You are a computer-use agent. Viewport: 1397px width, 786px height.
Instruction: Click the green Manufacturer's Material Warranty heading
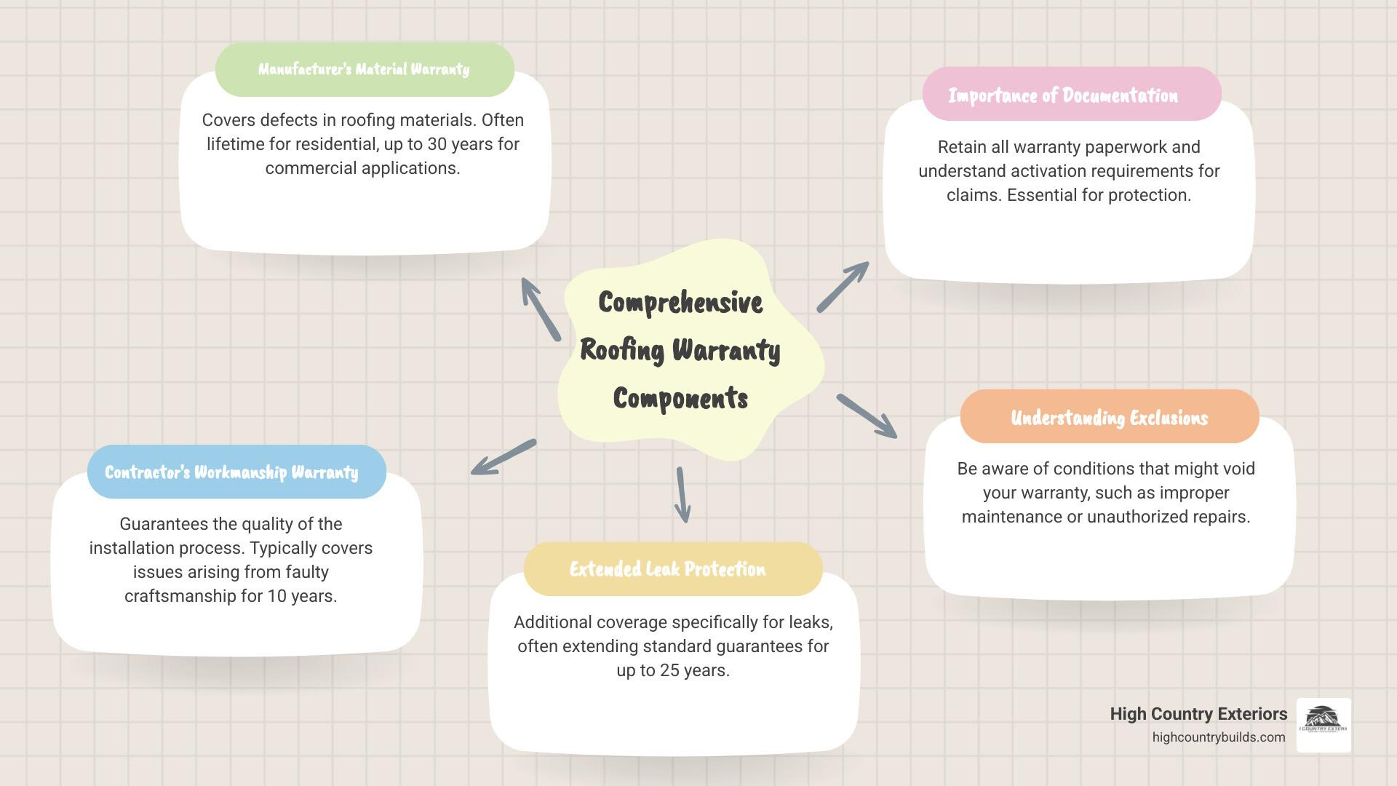click(x=364, y=69)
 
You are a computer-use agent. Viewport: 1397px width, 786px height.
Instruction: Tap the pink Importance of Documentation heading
click(x=1063, y=95)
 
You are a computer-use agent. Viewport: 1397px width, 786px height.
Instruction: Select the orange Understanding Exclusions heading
click(x=1109, y=417)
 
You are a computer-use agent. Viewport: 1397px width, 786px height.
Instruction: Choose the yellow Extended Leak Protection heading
click(x=667, y=569)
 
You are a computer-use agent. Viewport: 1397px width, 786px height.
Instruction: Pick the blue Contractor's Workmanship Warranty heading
click(x=231, y=472)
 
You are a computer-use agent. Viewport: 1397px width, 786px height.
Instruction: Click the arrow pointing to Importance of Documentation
click(x=843, y=287)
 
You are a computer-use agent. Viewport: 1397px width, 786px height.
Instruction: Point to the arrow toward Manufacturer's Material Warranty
click(x=540, y=309)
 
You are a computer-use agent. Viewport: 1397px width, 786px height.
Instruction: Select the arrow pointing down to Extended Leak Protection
click(x=682, y=495)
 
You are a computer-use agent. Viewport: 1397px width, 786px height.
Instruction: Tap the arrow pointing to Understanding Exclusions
click(x=867, y=416)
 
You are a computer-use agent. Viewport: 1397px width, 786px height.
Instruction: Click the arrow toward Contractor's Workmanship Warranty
click(x=504, y=457)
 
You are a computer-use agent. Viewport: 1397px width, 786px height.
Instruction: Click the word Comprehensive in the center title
click(x=680, y=303)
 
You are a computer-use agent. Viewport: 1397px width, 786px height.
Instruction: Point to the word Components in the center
click(x=680, y=399)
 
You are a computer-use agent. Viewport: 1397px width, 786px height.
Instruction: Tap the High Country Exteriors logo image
click(x=1324, y=725)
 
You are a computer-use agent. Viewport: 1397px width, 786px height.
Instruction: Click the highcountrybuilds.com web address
click(x=1219, y=737)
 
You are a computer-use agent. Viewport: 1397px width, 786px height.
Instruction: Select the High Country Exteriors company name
click(x=1198, y=714)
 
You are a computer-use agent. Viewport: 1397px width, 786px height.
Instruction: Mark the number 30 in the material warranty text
click(x=437, y=144)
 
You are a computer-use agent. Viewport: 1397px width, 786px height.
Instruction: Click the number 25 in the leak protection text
click(x=669, y=670)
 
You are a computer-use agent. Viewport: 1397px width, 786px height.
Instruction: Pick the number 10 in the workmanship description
click(x=276, y=596)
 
